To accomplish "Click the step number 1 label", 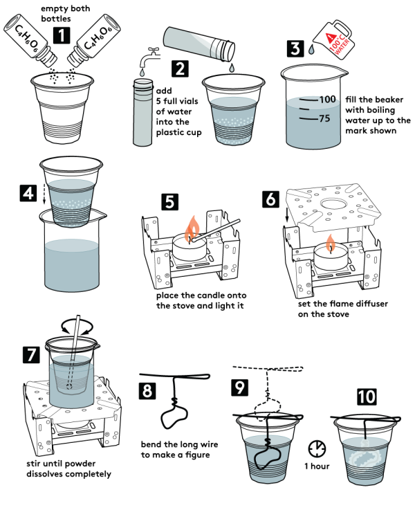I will coord(62,35).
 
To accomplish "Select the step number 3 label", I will coord(295,48).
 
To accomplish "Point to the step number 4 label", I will coord(28,193).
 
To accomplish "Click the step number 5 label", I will coord(169,202).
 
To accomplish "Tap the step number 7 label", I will coord(31,355).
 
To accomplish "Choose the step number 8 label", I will coord(147,390).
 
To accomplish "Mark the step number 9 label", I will coord(239,388).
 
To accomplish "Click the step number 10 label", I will coord(367,397).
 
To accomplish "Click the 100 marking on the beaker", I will coord(327,100).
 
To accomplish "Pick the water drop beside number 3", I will coord(311,50).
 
